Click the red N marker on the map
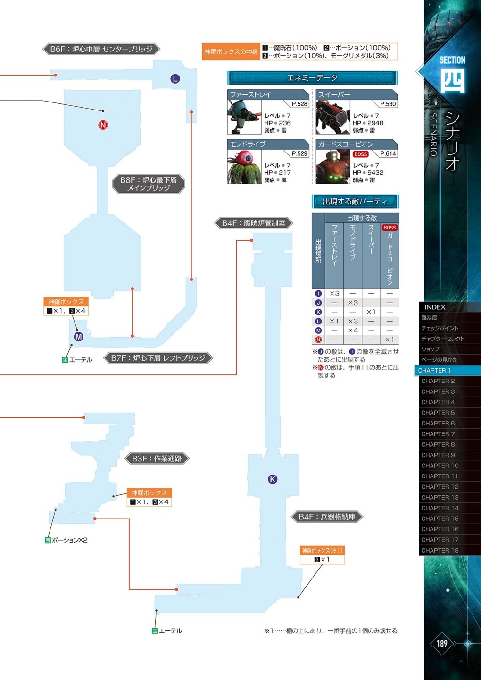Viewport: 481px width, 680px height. pyautogui.click(x=103, y=125)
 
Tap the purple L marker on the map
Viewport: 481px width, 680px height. pyautogui.click(x=175, y=78)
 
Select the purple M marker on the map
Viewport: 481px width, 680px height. pyautogui.click(x=79, y=336)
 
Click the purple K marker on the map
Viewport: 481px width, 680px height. pyautogui.click(x=273, y=479)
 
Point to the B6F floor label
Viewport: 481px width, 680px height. pyautogui.click(x=101, y=49)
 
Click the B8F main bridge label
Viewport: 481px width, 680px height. pyautogui.click(x=149, y=184)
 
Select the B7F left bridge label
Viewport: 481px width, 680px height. pyautogui.click(x=158, y=358)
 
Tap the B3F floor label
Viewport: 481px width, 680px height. pyautogui.click(x=157, y=459)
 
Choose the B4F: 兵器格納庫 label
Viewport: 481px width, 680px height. pyautogui.click(x=327, y=517)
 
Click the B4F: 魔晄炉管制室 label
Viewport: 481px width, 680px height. pyautogui.click(x=253, y=223)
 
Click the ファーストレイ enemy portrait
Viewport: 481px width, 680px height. pyautogui.click(x=244, y=117)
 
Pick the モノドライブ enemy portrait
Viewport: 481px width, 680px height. pyautogui.click(x=244, y=167)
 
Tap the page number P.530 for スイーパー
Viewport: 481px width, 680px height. pyautogui.click(x=388, y=104)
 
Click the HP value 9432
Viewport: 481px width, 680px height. pyautogui.click(x=375, y=172)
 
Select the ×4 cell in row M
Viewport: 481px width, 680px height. pyautogui.click(x=353, y=330)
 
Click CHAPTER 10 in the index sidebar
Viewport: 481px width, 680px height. pyautogui.click(x=440, y=466)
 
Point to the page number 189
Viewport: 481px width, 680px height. pyautogui.click(x=442, y=643)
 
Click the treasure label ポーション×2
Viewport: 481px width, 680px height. pyautogui.click(x=69, y=540)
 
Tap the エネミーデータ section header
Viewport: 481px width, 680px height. pyautogui.click(x=312, y=78)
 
